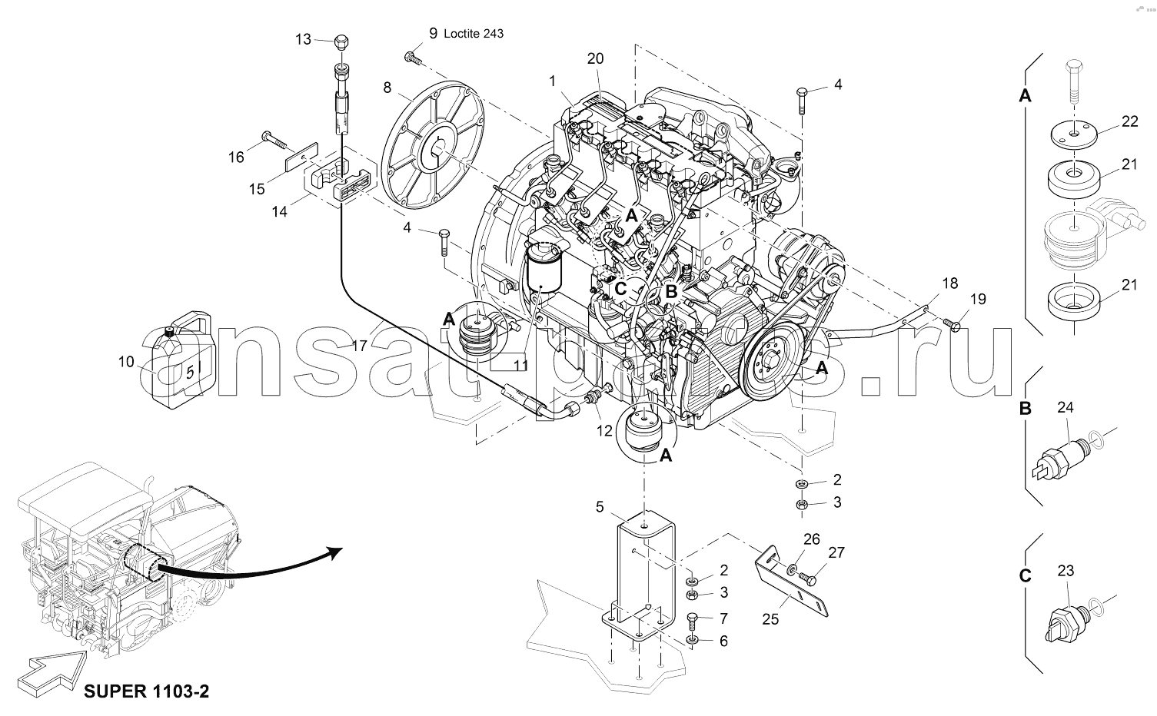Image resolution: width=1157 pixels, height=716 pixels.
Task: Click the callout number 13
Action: coord(303,38)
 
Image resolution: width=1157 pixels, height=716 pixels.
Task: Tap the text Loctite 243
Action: coord(474,34)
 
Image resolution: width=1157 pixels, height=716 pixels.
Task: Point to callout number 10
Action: coord(127,361)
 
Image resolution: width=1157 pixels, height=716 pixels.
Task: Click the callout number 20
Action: coord(595,58)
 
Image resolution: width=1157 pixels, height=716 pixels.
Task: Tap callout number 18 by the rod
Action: coord(950,283)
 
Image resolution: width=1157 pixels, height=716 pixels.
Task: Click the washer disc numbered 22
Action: coord(1072,134)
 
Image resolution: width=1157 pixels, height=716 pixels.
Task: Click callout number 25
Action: coord(770,618)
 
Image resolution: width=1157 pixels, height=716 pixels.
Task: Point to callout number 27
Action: coord(836,552)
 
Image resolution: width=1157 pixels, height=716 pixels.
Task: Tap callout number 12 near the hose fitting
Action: coord(604,431)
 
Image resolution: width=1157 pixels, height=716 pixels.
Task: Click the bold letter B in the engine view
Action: coord(670,292)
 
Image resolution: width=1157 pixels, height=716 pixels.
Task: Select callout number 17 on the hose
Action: coord(359,346)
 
